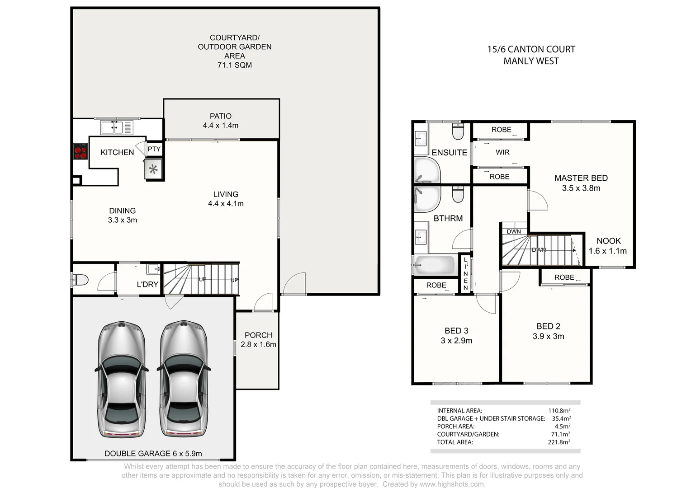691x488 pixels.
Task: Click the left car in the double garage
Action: pos(122,379)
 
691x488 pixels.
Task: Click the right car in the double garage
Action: pos(184,379)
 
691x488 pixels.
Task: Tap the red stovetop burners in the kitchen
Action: pos(80,151)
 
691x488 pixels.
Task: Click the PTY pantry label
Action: pos(154,149)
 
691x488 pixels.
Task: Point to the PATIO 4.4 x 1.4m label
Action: pos(221,121)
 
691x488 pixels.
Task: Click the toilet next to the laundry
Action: pos(80,280)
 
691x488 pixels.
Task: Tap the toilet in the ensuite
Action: pos(458,131)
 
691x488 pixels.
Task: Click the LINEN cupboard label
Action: pos(465,274)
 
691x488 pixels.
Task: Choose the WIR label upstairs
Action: pos(502,152)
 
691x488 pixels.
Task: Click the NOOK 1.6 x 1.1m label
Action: pos(608,246)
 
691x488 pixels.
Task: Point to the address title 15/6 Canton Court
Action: pos(531,49)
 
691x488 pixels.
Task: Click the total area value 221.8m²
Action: pos(559,442)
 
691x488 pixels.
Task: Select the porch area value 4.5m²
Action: pos(562,426)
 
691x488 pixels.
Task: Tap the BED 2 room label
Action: pos(548,331)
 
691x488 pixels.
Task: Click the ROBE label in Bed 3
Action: pos(436,285)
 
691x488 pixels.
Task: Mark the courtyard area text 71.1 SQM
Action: pos(234,65)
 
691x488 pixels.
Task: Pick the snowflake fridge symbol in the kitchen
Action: pos(153,169)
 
